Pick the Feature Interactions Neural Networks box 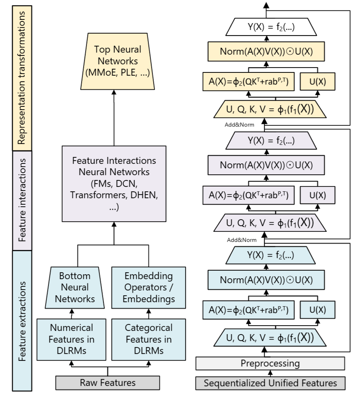(114, 184)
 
